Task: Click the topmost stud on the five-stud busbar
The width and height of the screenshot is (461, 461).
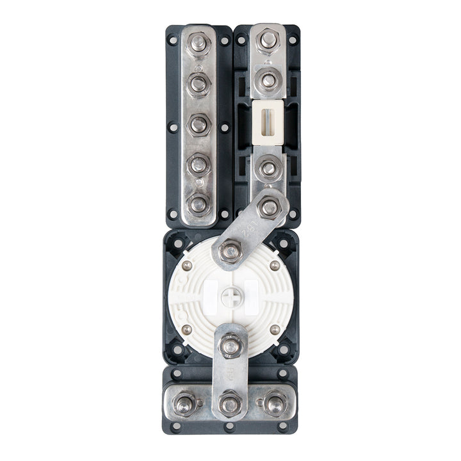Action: point(199,43)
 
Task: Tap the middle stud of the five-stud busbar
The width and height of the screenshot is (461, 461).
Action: point(199,124)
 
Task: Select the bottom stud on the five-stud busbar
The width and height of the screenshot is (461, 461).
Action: point(199,204)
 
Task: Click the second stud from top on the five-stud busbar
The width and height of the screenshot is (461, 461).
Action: point(199,83)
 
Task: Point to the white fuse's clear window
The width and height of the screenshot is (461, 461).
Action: point(268,118)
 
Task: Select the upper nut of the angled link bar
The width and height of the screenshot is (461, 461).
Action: point(269,207)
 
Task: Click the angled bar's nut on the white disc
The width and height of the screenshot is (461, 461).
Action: point(230,252)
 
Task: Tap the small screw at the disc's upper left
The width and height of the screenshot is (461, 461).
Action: point(186,266)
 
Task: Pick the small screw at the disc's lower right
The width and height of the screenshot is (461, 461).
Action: point(274,329)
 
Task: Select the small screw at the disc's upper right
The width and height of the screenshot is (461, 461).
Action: point(274,266)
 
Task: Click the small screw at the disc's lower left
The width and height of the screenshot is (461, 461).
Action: point(186,329)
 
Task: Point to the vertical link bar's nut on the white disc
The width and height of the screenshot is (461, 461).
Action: point(230,346)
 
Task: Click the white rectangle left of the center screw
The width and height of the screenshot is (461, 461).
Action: point(209,295)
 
